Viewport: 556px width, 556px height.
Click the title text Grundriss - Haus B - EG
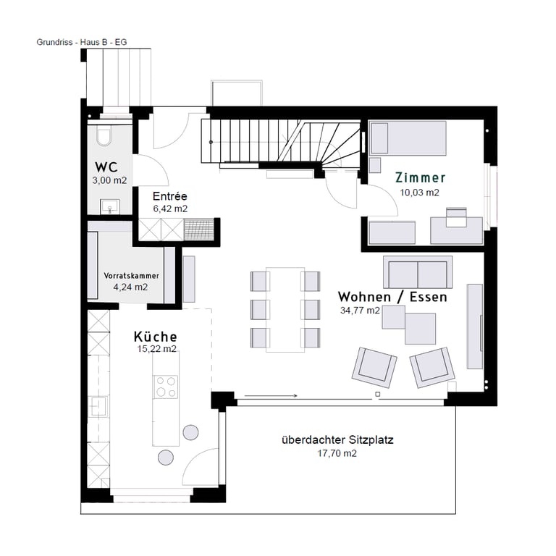click(82, 42)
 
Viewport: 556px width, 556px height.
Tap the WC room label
click(106, 167)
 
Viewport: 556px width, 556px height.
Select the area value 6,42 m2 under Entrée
click(170, 208)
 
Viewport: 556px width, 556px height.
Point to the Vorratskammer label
click(131, 276)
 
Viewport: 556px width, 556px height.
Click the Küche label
click(156, 337)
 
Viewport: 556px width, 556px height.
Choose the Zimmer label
click(420, 177)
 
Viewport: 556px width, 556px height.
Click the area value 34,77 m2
click(360, 311)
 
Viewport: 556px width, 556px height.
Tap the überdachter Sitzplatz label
click(337, 440)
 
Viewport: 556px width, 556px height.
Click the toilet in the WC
click(104, 136)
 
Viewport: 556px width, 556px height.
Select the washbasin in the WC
click(110, 207)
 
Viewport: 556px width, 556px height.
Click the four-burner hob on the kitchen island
click(166, 387)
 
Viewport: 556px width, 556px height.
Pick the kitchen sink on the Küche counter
click(98, 406)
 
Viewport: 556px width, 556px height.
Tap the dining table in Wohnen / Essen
click(285, 310)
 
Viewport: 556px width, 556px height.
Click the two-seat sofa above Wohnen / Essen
click(418, 272)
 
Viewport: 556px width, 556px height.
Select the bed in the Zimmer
click(408, 138)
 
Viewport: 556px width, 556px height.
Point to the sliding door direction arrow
click(271, 396)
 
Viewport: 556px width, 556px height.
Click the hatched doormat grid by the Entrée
click(199, 229)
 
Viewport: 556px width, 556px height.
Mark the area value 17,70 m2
click(337, 453)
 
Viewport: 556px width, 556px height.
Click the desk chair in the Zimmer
click(456, 217)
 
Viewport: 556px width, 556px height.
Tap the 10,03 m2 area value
click(420, 193)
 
